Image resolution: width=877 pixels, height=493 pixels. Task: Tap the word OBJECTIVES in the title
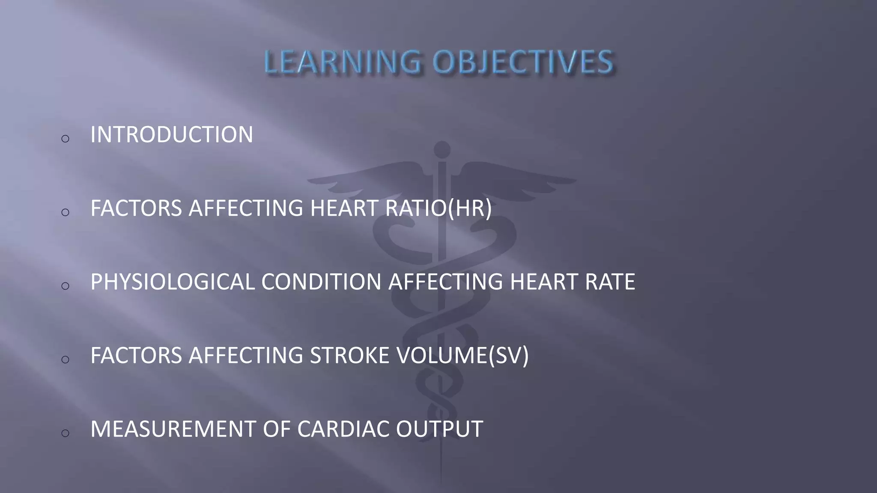(x=522, y=62)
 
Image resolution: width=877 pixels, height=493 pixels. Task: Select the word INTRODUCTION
(x=172, y=134)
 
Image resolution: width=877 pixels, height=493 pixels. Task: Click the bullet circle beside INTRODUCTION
(x=65, y=138)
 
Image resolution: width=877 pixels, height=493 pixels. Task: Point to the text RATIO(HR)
(x=438, y=208)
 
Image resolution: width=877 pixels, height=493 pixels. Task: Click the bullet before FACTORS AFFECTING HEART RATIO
(x=65, y=212)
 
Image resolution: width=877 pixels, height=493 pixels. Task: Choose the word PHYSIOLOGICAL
(x=172, y=282)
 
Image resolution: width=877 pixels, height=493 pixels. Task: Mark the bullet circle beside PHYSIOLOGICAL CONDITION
(x=65, y=285)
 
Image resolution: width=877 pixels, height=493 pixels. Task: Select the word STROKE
(x=349, y=356)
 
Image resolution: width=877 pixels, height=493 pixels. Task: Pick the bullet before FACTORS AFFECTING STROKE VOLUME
(x=65, y=359)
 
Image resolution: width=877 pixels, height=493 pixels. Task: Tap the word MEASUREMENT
(x=173, y=429)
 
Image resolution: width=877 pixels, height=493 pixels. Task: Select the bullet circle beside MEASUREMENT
(x=65, y=433)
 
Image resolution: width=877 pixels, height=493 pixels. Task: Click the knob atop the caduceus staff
(x=442, y=149)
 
